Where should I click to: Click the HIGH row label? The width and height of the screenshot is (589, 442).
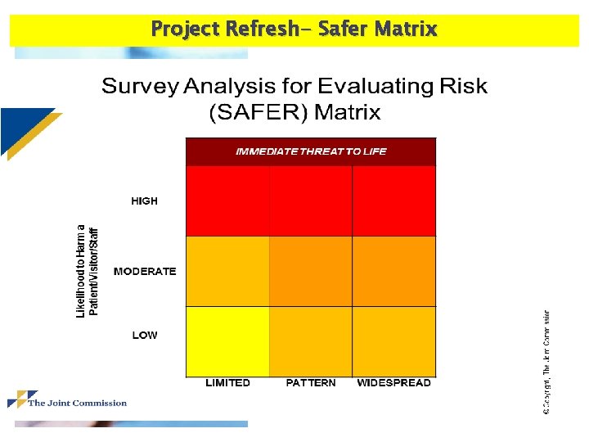coord(144,201)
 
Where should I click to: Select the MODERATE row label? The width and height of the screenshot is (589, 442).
coord(145,272)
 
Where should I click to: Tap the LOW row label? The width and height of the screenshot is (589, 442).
coord(145,336)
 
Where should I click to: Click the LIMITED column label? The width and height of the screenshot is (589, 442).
coord(227,383)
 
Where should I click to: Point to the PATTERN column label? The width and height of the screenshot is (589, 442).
coord(311,383)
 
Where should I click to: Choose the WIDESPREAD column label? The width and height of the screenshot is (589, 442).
coord(393,383)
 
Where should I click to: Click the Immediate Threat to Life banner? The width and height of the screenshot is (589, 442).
coord(311,151)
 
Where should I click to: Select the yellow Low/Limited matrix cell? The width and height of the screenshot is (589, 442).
coord(227,341)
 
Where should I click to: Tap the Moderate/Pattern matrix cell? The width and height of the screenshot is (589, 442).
coord(311,271)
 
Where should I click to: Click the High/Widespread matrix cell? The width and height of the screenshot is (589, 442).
coord(394,201)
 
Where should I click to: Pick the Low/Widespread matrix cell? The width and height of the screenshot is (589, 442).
coord(394,341)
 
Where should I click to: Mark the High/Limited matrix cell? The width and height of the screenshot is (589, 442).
coord(227,201)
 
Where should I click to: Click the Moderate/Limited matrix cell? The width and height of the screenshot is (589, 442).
coord(227,271)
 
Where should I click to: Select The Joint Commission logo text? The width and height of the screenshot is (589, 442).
coord(78,403)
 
